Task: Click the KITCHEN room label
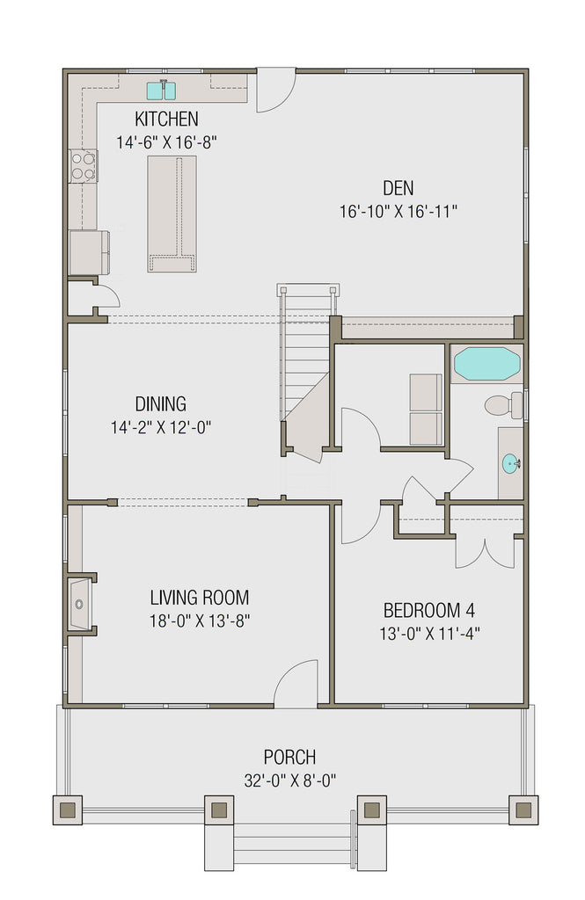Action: tap(166, 119)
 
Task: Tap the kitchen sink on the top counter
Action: tap(162, 90)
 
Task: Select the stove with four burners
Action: tap(84, 165)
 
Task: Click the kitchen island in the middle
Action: tap(172, 214)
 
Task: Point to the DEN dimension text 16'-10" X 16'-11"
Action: tap(398, 211)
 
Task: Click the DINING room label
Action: tap(160, 404)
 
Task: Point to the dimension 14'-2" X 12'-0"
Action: tap(161, 427)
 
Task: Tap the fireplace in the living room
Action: tap(81, 604)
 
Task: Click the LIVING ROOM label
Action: tap(199, 598)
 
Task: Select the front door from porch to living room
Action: tap(296, 686)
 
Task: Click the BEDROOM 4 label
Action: tap(429, 610)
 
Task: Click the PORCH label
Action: tap(289, 757)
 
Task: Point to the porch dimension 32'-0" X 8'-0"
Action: tap(289, 780)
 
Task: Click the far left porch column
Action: tap(69, 809)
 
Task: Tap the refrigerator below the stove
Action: tap(89, 252)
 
